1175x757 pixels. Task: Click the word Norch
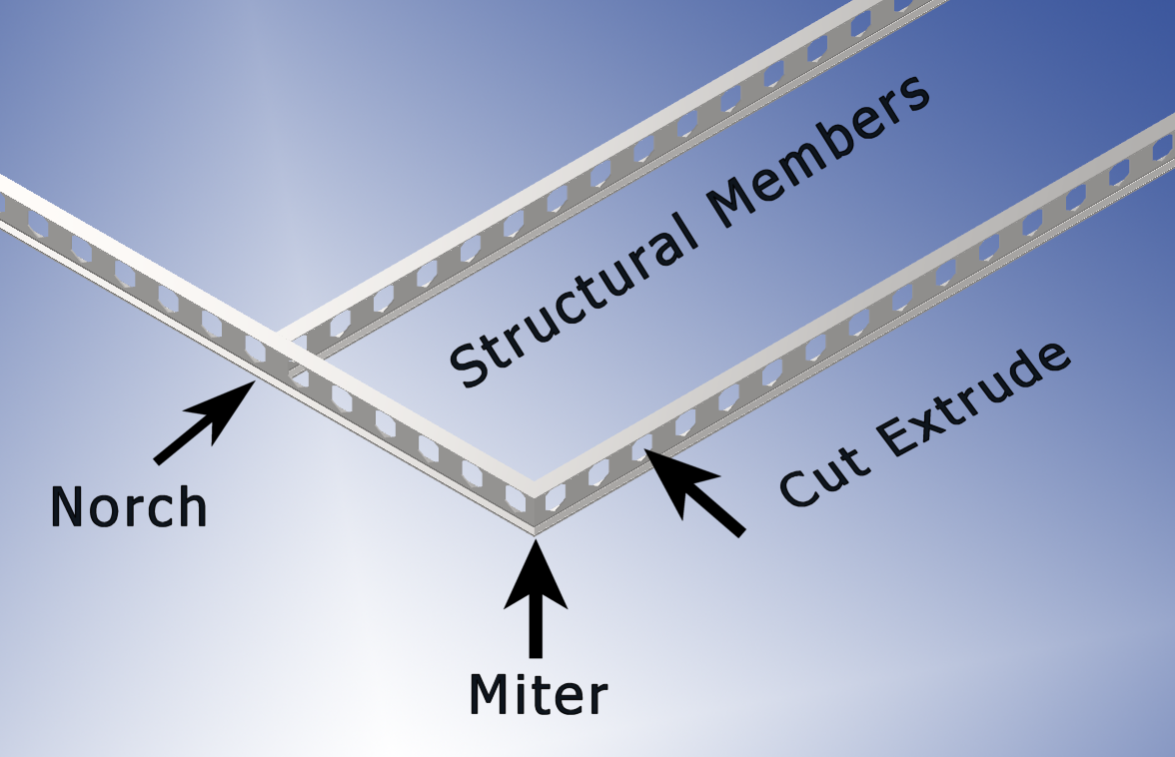point(129,507)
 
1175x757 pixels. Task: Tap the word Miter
point(538,694)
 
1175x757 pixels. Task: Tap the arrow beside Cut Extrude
point(694,492)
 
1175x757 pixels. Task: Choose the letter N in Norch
point(68,507)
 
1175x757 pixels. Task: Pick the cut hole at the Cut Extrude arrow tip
point(640,444)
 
